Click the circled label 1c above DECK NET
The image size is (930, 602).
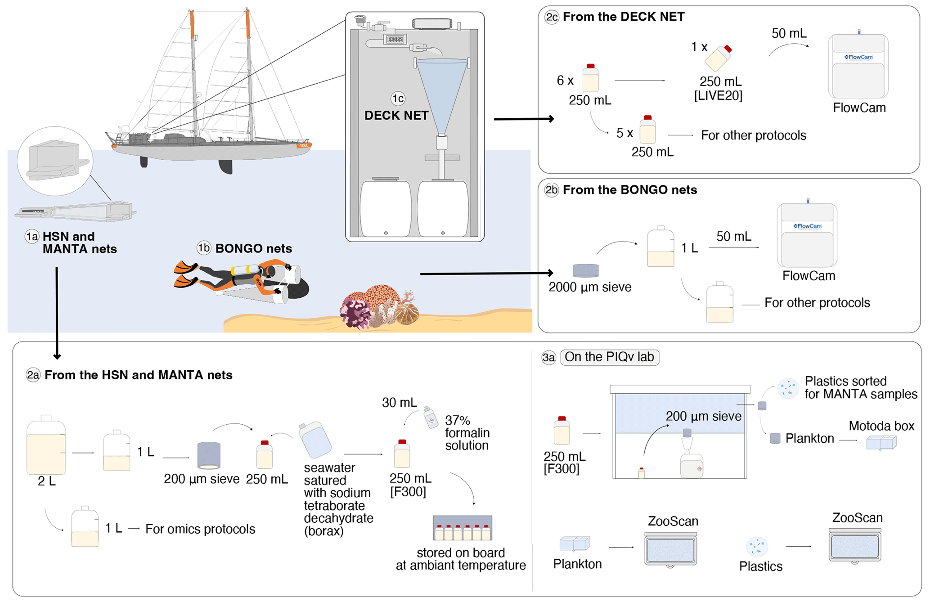click(398, 99)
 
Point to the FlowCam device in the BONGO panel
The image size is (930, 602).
click(807, 235)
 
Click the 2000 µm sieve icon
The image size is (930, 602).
click(585, 270)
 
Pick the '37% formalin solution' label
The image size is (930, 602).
click(467, 433)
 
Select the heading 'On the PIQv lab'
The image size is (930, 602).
click(609, 357)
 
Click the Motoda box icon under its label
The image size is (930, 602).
click(881, 443)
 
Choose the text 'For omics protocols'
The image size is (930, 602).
click(200, 529)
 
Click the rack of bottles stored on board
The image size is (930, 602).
click(462, 528)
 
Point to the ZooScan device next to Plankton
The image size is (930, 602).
click(670, 549)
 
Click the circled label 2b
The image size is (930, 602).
click(552, 190)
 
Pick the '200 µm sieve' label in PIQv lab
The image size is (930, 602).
click(703, 417)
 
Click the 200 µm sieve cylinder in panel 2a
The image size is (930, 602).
click(209, 455)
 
